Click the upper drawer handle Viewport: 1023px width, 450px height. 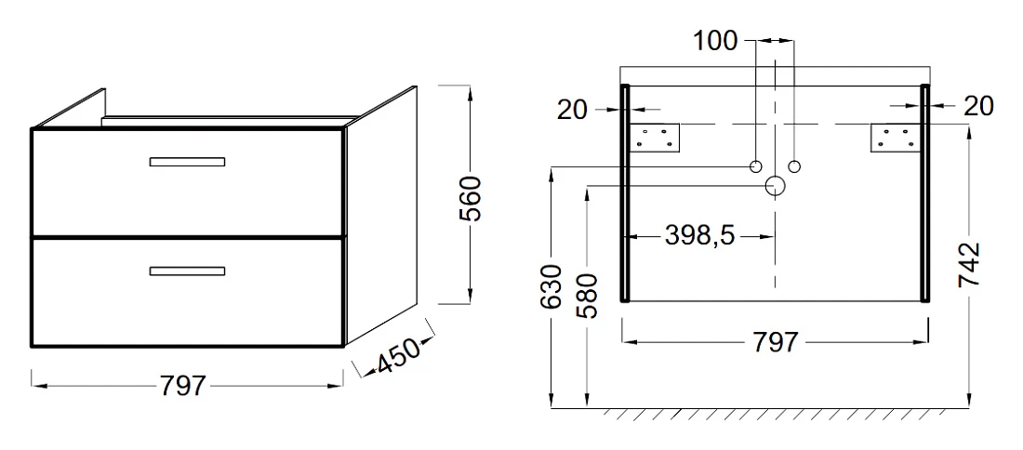(187, 161)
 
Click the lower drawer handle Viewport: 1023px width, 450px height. (187, 271)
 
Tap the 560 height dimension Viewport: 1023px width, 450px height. (470, 198)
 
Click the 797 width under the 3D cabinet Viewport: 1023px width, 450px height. (182, 386)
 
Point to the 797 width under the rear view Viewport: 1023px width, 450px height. (775, 342)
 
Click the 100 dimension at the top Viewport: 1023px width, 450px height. (714, 40)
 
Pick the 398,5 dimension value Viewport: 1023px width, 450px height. (699, 235)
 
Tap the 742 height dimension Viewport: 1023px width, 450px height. (969, 264)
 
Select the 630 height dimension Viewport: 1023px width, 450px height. (551, 287)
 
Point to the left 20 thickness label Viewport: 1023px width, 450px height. (572, 110)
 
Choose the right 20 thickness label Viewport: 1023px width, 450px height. (978, 105)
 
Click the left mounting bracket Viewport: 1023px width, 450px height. (655, 138)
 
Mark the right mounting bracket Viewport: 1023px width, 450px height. (895, 138)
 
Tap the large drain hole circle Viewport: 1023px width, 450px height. (775, 187)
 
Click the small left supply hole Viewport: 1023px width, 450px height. (755, 166)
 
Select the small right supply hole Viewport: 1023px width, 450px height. (794, 166)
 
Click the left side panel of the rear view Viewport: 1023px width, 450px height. (624, 193)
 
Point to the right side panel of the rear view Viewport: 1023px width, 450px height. (924, 193)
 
